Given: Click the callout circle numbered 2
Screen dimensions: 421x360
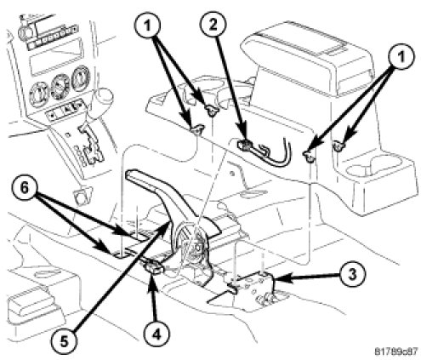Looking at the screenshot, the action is click(213, 25).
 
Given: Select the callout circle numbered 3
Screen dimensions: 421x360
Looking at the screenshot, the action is click(351, 275).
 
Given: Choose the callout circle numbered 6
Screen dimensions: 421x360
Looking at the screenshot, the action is click(25, 189).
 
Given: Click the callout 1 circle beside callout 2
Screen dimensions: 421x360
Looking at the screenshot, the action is click(147, 26).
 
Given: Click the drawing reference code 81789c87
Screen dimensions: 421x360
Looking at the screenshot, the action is click(396, 351).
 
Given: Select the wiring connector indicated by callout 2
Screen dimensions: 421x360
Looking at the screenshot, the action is click(246, 145).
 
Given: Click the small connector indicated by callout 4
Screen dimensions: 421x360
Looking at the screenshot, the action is click(154, 267).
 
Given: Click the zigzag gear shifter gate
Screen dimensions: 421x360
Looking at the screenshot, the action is click(90, 145).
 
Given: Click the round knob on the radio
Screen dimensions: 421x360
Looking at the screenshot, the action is click(24, 31).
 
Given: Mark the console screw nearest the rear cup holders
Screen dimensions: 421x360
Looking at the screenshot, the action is click(338, 146).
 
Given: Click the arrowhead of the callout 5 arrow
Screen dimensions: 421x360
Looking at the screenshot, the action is click(167, 226).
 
